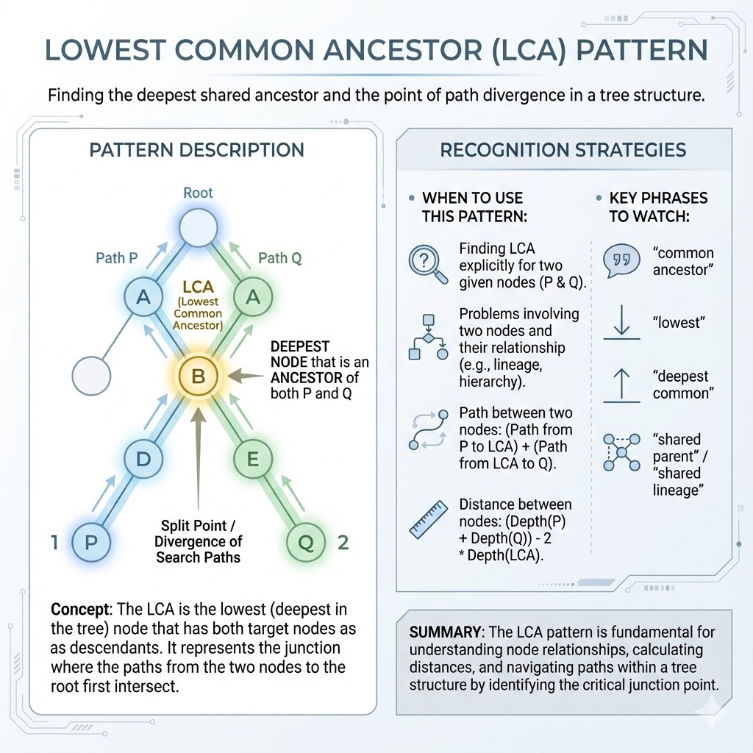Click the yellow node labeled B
click(198, 377)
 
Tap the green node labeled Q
click(306, 543)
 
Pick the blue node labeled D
click(144, 460)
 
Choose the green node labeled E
click(252, 460)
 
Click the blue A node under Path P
click(144, 296)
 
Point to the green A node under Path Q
click(252, 296)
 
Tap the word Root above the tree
click(198, 193)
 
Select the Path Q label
click(279, 258)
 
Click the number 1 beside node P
click(54, 543)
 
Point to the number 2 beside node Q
click(342, 543)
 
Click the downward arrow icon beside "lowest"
click(622, 324)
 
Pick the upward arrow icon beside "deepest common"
click(622, 385)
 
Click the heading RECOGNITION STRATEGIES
click(563, 151)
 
